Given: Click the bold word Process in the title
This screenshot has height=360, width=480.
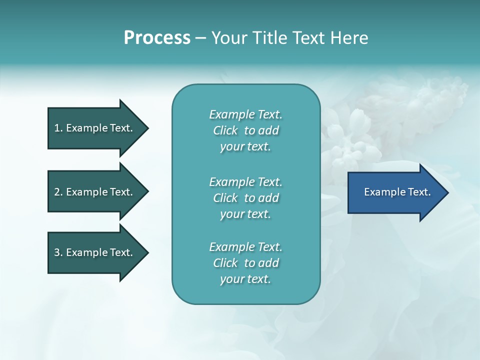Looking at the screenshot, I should point(157,38).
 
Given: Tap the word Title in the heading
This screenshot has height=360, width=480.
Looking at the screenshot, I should point(268,38).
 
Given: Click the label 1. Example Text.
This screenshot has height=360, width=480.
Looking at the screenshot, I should point(93,128).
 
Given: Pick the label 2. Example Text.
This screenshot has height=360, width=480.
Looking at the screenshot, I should point(93,192).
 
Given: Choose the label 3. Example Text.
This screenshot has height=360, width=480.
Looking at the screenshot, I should point(93,252).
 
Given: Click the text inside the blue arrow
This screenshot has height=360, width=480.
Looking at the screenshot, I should point(397,192).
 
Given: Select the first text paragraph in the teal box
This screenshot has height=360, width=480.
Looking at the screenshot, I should point(245,130).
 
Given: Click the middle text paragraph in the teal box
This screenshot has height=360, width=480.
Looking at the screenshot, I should point(245,198).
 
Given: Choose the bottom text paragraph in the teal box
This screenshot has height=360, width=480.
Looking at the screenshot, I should point(245,263).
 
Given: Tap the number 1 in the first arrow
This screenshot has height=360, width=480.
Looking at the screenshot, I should point(57,128).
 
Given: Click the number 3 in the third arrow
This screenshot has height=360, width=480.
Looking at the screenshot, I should point(57,252).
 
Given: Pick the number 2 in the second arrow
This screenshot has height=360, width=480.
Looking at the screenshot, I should point(57,192).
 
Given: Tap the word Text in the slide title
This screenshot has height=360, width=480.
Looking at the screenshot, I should point(308,38).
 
